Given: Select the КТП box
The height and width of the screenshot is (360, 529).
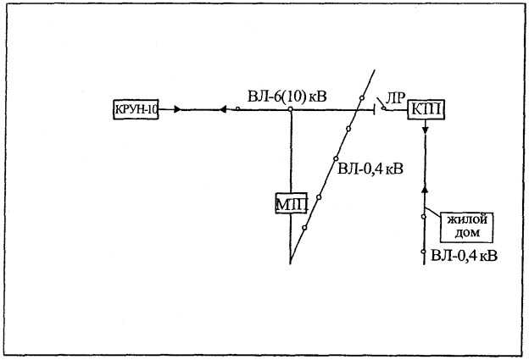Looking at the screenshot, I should tap(426, 109).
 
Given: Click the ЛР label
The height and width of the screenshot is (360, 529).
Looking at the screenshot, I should tap(394, 96).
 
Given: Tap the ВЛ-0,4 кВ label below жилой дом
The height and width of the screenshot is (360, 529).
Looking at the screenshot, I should tap(463, 254).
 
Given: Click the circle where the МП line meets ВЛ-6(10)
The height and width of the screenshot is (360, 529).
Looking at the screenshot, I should tap(291, 109).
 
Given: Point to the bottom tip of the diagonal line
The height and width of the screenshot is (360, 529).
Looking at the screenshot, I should tap(291, 262).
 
